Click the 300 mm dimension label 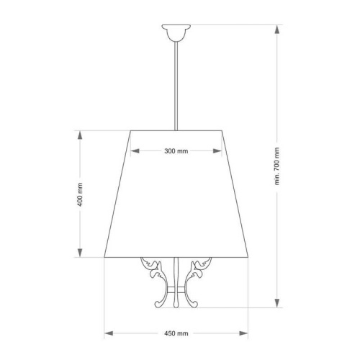coord(176,151)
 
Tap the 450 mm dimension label coord(176,333)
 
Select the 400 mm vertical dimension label coord(80,194)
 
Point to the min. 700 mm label coord(277,166)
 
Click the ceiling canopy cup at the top coord(176,32)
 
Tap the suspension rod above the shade coord(176,86)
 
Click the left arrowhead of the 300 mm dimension coord(135,151)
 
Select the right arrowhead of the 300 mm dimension coord(217,151)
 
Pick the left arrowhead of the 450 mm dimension coord(109,333)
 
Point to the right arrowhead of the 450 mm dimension coord(243,333)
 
